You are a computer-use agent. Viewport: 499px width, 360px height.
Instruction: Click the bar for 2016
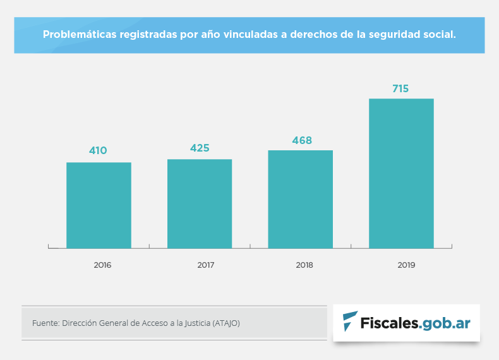pos(99,205)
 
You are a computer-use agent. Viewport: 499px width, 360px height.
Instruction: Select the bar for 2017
pos(200,203)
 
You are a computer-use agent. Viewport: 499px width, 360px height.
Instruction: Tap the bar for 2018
pos(300,199)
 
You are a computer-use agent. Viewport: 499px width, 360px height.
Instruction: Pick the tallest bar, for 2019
pos(401,173)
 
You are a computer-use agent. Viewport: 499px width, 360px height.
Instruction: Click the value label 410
pos(98,150)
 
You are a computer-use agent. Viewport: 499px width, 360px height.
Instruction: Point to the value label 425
pos(200,148)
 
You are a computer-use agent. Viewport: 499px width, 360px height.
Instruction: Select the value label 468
pos(301,140)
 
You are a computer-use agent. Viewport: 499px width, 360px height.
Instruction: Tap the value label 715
pos(400,88)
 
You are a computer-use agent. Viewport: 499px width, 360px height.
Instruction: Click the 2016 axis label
pos(102,265)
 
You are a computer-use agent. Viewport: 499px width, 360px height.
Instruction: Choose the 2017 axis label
pos(205,265)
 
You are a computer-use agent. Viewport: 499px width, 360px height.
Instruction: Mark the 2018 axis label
pos(304,265)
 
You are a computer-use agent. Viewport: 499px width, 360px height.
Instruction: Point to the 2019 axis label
pos(406,265)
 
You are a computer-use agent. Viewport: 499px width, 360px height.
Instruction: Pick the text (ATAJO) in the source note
pos(226,323)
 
